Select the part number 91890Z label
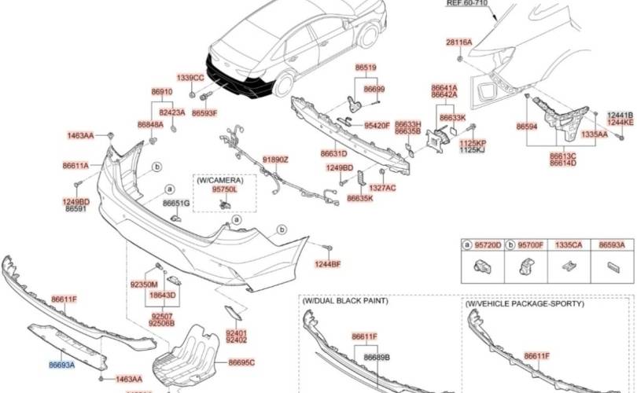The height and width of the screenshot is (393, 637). click(x=275, y=160)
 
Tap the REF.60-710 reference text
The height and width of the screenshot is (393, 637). click(x=466, y=3)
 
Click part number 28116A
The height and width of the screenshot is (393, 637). click(x=459, y=42)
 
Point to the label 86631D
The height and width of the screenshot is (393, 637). click(x=333, y=153)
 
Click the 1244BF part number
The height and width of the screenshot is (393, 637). click(x=329, y=263)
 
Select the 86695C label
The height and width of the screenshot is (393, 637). click(x=241, y=362)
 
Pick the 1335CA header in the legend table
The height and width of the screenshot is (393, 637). click(x=569, y=245)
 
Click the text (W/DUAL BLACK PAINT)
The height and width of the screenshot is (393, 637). click(x=344, y=301)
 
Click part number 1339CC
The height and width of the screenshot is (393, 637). click(x=190, y=78)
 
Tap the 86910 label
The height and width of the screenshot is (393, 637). click(x=162, y=92)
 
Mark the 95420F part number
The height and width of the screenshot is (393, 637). click(x=377, y=125)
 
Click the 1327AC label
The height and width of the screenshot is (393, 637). click(x=382, y=188)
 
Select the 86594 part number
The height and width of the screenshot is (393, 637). click(x=527, y=126)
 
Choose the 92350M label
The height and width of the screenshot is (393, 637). click(x=144, y=284)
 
